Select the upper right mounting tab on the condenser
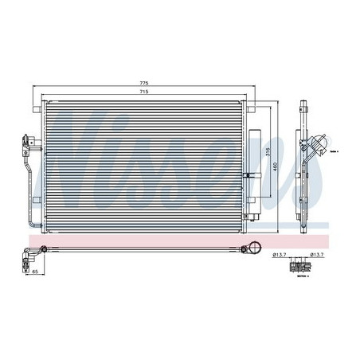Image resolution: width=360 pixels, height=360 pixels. (x=248, y=105)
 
